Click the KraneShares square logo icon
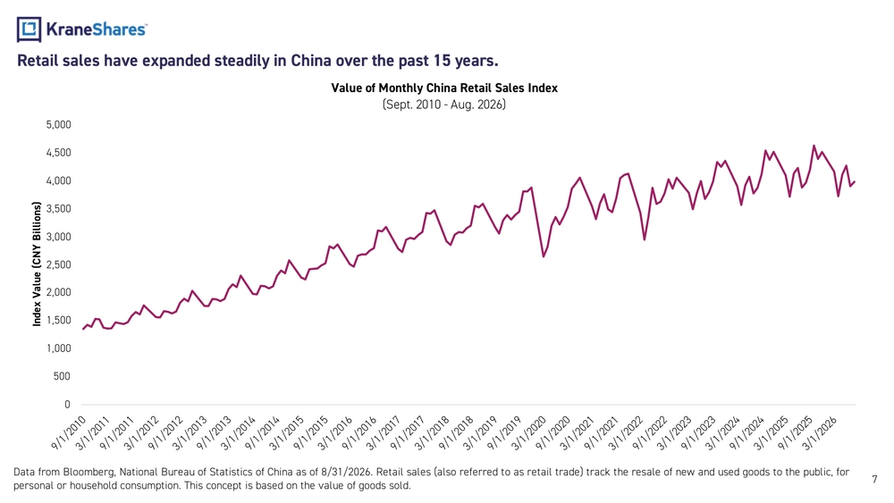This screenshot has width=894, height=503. (29, 29)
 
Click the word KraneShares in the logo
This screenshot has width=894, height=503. (96, 29)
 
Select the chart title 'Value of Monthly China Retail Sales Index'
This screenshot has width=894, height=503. (444, 88)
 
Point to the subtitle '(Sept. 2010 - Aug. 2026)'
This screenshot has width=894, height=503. (444, 105)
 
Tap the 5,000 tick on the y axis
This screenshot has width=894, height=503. (59, 125)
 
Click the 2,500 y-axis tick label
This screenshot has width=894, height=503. (59, 264)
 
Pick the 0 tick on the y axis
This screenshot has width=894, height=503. (67, 405)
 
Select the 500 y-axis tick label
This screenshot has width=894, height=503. (63, 376)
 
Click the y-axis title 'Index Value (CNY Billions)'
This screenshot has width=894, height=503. (37, 264)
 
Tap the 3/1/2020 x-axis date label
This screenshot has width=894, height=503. (528, 433)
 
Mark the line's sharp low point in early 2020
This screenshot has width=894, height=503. (544, 256)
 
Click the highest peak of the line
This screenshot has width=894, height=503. (814, 146)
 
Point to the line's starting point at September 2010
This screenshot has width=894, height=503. (83, 329)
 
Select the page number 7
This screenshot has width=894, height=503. (874, 479)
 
